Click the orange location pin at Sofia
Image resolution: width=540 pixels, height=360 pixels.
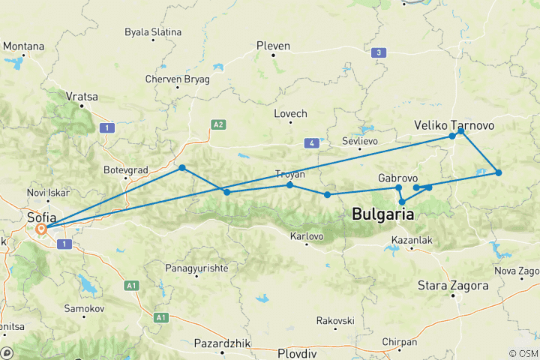pyautogui.click(x=42, y=229)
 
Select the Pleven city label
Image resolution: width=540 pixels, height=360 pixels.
pyautogui.click(x=273, y=46)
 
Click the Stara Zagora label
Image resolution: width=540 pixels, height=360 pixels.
pyautogui.click(x=454, y=285)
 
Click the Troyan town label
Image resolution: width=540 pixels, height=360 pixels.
pyautogui.click(x=290, y=174)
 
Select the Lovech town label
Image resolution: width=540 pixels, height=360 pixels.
pyautogui.click(x=291, y=113)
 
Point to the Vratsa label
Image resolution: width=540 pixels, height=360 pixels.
pyautogui.click(x=82, y=97)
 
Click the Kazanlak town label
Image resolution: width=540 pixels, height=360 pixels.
pyautogui.click(x=412, y=241)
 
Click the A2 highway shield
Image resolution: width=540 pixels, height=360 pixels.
pyautogui.click(x=218, y=124)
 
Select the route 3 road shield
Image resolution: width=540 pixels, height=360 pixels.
pyautogui.click(x=380, y=52)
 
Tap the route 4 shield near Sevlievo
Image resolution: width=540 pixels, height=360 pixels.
pyautogui.click(x=310, y=142)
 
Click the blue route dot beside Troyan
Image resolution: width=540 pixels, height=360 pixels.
pyautogui.click(x=290, y=184)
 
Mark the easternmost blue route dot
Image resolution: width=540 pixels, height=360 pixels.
pyautogui.click(x=499, y=173)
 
